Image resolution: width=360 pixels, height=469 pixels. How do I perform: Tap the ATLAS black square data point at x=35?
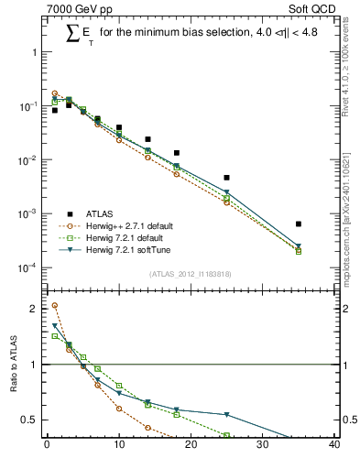pos(299,224)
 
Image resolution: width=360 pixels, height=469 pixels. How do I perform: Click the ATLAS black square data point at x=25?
pos(226,178)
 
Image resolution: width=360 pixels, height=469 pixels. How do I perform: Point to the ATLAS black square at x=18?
pos(176,153)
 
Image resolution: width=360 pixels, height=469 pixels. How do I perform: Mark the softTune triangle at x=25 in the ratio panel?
pos(226,415)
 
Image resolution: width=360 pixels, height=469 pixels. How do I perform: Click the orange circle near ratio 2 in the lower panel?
pos(54,306)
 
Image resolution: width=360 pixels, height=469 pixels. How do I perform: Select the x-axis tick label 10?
pos(118,446)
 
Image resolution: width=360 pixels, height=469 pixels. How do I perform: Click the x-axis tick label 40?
pos(334,446)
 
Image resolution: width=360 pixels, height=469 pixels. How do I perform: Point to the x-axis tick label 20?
pos(191,446)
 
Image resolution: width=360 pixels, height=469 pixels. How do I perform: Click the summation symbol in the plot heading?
pos(71,34)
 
